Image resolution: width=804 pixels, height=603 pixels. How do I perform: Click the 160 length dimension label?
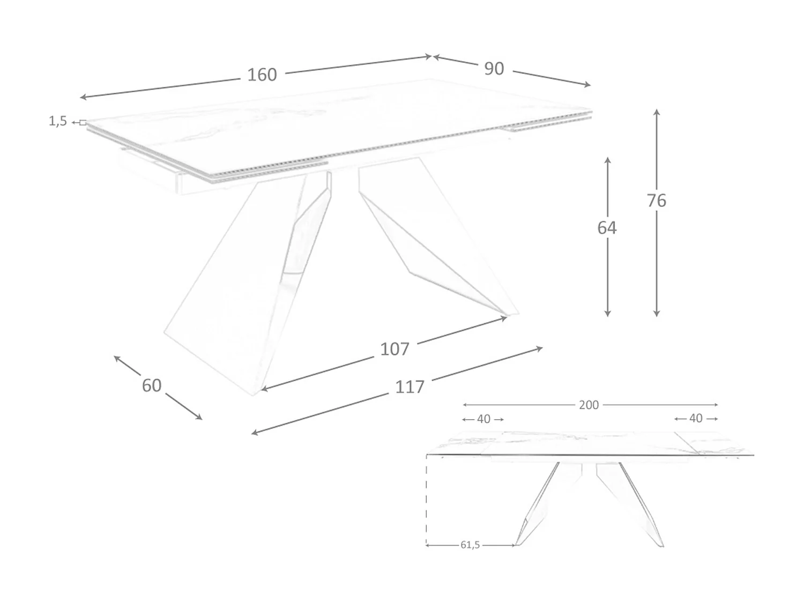(x=262, y=75)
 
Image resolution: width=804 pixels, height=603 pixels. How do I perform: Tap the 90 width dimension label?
(x=494, y=69)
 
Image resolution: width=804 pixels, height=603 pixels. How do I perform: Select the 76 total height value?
(x=656, y=200)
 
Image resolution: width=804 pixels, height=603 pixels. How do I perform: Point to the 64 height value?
(x=607, y=228)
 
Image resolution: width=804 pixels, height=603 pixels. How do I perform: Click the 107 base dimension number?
(x=394, y=349)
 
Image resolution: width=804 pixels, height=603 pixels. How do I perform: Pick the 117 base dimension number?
(x=410, y=387)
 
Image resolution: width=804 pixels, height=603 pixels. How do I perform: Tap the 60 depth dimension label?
(x=152, y=385)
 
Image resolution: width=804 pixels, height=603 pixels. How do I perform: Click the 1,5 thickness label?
(x=58, y=122)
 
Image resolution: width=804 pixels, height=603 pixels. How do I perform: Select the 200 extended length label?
(x=589, y=405)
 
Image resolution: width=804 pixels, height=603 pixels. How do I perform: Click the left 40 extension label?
(x=483, y=419)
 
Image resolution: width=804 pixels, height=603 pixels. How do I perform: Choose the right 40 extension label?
(x=696, y=418)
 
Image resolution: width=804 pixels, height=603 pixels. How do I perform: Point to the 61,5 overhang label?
(x=470, y=545)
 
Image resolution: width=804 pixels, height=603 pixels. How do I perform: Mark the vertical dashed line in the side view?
(x=427, y=498)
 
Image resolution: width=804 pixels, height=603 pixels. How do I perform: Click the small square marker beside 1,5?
(x=83, y=123)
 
